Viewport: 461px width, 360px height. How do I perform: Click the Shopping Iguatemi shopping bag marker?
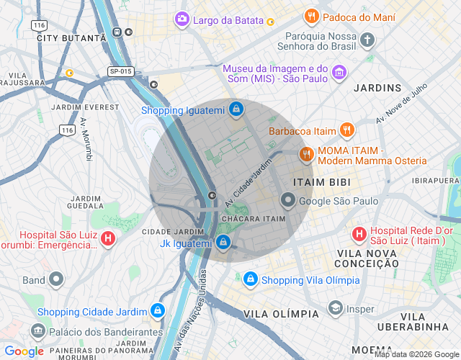(x=236, y=110)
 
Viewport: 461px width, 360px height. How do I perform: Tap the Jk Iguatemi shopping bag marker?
(x=223, y=243)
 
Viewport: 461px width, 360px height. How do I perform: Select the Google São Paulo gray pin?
(x=288, y=201)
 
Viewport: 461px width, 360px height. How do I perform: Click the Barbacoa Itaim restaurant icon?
(x=347, y=130)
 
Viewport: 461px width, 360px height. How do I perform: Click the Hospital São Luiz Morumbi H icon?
(x=107, y=238)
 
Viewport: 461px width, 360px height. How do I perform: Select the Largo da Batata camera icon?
(x=183, y=19)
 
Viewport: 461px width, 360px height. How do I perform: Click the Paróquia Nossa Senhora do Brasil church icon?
(x=368, y=40)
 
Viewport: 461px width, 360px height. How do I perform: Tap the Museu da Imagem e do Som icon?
(x=339, y=73)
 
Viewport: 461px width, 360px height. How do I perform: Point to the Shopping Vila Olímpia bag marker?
(x=250, y=279)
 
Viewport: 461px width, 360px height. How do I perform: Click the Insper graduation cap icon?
(x=335, y=308)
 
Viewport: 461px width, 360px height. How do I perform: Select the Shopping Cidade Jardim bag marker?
(x=157, y=311)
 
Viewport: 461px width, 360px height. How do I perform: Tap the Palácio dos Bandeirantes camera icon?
(x=37, y=332)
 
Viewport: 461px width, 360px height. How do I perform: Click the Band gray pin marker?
(x=57, y=279)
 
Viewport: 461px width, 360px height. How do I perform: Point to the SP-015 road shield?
(x=120, y=71)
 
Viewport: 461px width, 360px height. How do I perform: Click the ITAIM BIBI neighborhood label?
(x=321, y=182)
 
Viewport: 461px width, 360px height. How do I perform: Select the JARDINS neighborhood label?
(x=377, y=88)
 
